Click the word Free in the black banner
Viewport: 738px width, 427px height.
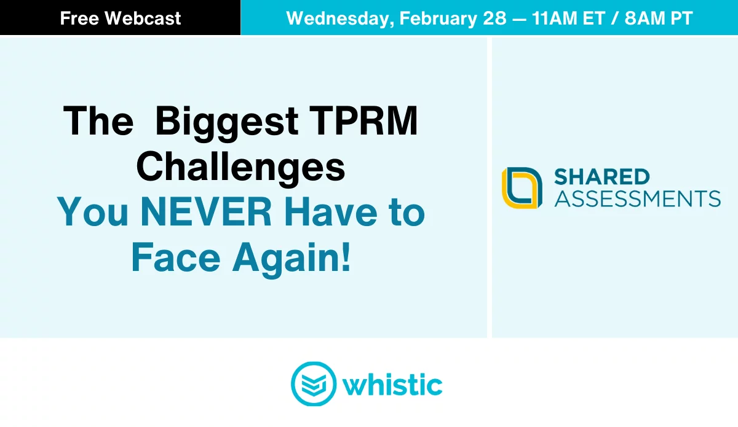tap(79, 18)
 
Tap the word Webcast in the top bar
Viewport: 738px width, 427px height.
tap(143, 18)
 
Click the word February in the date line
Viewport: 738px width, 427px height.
tap(438, 19)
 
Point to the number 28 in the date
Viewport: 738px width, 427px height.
tap(494, 18)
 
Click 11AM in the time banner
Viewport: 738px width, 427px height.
tap(555, 18)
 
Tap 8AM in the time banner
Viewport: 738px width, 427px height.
tap(645, 18)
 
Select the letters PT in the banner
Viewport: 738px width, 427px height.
tap(681, 18)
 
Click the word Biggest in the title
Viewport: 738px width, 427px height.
tap(227, 122)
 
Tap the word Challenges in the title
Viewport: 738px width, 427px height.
tap(241, 168)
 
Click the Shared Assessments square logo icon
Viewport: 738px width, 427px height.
tap(522, 187)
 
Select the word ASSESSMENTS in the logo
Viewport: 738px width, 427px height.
tap(638, 198)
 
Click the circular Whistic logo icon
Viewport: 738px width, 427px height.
tap(314, 384)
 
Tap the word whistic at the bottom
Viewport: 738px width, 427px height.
tap(392, 384)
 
